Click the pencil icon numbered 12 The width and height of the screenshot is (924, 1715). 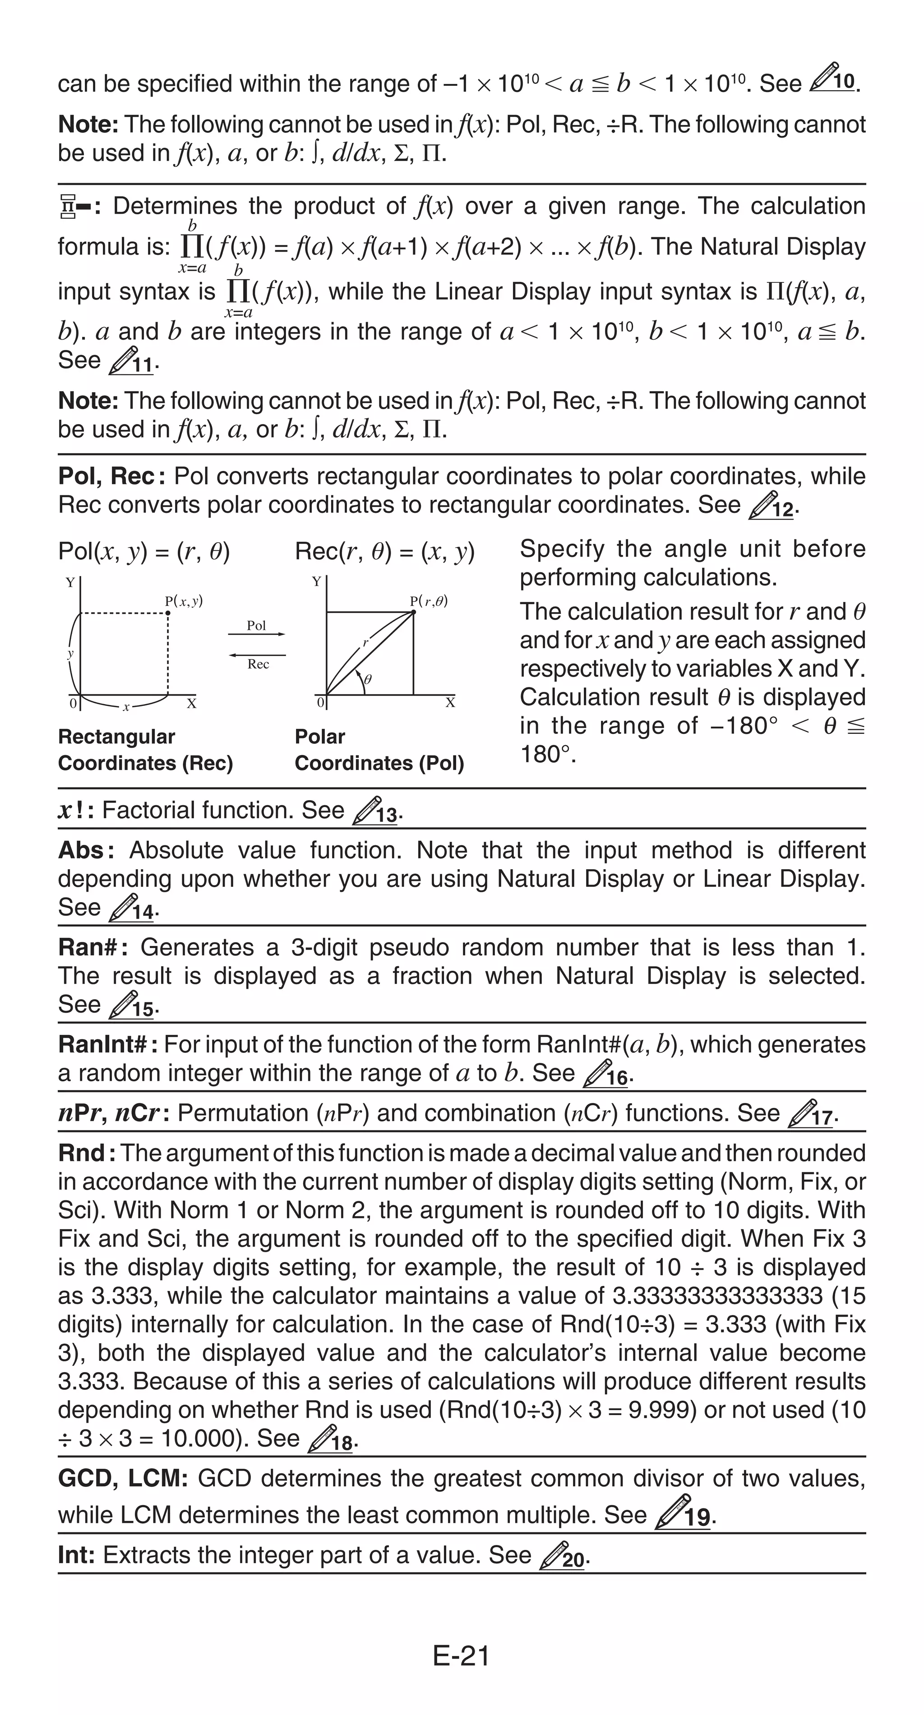[772, 505]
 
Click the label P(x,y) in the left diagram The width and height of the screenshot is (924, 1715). [184, 601]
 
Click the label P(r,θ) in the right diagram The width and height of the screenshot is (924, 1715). [429, 601]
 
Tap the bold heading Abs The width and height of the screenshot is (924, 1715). [81, 850]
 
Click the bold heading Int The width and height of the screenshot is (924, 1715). [75, 1555]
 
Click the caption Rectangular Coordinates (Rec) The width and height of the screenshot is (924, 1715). [145, 750]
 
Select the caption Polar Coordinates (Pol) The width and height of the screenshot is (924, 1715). [379, 750]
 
